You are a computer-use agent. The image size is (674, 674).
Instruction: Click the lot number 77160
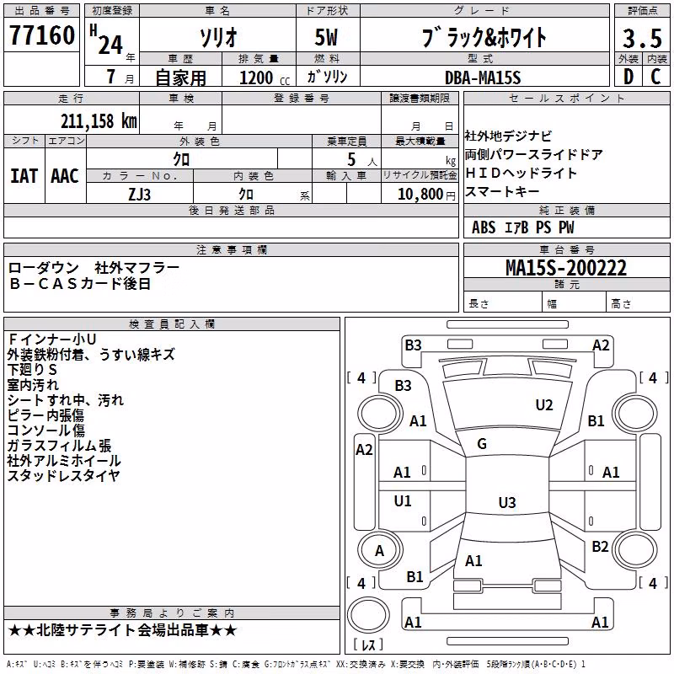click(42, 35)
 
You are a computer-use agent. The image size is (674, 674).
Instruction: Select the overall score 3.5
click(642, 38)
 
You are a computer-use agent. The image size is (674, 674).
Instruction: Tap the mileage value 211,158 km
click(99, 120)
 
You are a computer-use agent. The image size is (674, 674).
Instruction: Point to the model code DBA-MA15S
click(483, 78)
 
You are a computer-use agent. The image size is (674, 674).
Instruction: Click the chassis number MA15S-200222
click(566, 267)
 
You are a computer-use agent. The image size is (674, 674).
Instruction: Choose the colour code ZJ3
click(139, 195)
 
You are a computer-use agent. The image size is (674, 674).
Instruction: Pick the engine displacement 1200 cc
click(265, 78)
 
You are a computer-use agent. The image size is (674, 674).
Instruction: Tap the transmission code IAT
click(24, 176)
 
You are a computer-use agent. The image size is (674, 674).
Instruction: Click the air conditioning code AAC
click(65, 176)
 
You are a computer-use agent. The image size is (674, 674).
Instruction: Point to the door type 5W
click(326, 37)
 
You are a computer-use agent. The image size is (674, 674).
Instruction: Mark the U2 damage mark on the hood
click(544, 404)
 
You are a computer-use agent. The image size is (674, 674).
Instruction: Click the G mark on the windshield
click(482, 444)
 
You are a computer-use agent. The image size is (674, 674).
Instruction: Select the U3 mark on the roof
click(507, 502)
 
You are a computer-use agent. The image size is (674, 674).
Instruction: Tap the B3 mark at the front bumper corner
click(413, 345)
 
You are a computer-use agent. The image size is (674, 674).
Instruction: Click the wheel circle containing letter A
click(380, 550)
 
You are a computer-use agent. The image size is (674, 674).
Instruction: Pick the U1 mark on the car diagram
click(403, 500)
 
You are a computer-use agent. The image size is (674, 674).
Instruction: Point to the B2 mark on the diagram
click(600, 547)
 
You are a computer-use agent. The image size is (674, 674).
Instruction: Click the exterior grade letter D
click(629, 77)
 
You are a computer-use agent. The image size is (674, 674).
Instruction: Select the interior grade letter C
click(656, 77)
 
